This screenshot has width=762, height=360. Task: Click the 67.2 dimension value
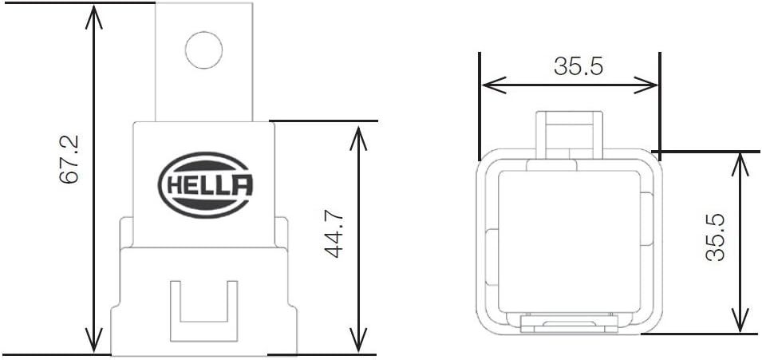[x=69, y=160]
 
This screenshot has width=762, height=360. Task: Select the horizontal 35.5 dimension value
[x=578, y=66]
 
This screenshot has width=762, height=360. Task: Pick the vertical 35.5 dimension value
[x=716, y=237]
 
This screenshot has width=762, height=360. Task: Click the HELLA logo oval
[x=206, y=185]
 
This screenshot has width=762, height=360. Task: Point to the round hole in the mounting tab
[x=204, y=49]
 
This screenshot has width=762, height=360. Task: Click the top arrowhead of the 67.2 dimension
[x=94, y=16]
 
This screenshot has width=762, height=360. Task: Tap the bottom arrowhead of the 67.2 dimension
[x=94, y=341]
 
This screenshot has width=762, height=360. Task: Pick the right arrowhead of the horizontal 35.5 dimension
[x=645, y=85]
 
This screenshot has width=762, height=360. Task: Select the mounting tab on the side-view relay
[x=204, y=61]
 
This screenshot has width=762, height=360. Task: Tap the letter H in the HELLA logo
[x=173, y=185]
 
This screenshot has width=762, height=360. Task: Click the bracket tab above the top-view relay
[x=570, y=135]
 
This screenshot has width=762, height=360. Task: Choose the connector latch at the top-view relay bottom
[x=569, y=323]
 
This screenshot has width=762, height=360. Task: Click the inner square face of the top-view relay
[x=569, y=242]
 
